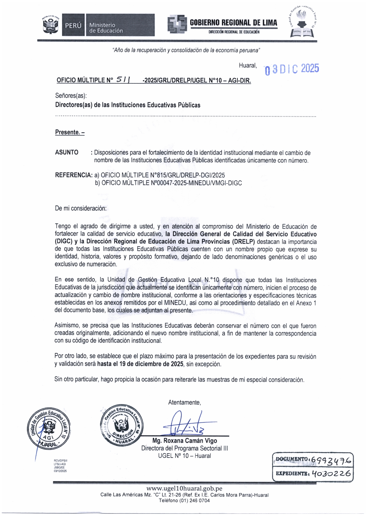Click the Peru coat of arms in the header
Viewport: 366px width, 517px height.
51,25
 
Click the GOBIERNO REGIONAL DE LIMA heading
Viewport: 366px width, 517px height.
233,23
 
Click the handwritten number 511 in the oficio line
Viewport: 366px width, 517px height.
123,80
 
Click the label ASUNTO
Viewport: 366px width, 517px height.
67,153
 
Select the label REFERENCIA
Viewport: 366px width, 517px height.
73,175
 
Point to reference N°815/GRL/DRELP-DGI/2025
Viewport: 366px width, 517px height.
163,175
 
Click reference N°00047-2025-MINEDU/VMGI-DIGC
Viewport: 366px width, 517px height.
171,183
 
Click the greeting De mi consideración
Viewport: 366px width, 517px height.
81,208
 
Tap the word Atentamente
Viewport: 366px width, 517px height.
184,402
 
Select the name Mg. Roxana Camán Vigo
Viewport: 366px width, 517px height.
185,441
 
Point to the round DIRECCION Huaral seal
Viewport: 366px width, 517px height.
121,425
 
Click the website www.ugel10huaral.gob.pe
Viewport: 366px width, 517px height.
184,489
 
